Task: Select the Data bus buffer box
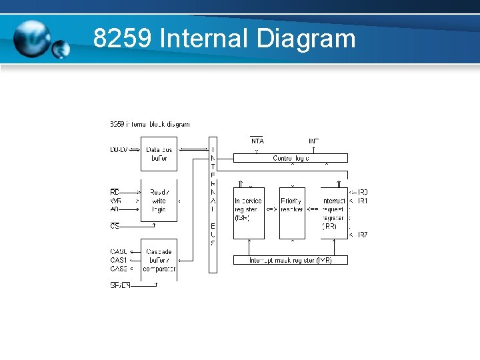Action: click(159, 154)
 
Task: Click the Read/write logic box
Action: click(159, 200)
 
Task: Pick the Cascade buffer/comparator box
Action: click(159, 260)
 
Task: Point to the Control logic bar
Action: click(291, 159)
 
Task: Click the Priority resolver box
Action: click(291, 209)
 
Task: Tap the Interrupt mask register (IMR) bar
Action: click(291, 260)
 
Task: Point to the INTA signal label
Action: click(257, 141)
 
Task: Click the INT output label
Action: click(313, 141)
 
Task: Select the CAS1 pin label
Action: click(118, 260)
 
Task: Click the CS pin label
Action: click(115, 227)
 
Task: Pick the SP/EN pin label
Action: click(120, 285)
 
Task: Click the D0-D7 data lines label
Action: click(119, 150)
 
